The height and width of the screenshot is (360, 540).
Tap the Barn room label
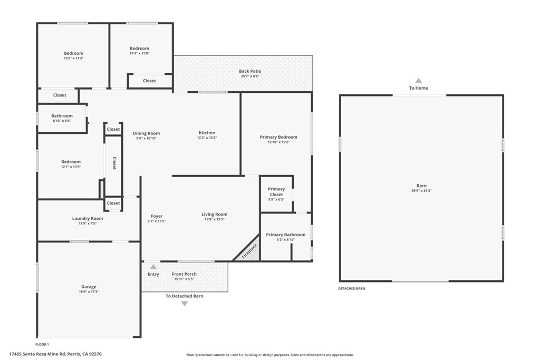pyautogui.click(x=421, y=186)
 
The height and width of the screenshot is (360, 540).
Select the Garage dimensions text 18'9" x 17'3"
pyautogui.click(x=88, y=291)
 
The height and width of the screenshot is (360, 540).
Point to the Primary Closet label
pyautogui.click(x=276, y=192)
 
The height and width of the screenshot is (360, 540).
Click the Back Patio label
pyautogui.click(x=250, y=71)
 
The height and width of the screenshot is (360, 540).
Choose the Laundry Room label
pyautogui.click(x=88, y=218)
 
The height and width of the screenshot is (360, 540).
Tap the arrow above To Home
pyautogui.click(x=418, y=81)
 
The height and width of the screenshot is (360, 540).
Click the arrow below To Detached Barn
pyautogui.click(x=184, y=304)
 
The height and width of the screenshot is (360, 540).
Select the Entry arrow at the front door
pyautogui.click(x=153, y=267)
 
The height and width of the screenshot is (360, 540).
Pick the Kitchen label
pyautogui.click(x=207, y=133)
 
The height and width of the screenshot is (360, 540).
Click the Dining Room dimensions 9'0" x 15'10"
pyautogui.click(x=146, y=138)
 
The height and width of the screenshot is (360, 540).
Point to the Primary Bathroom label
pyautogui.click(x=285, y=235)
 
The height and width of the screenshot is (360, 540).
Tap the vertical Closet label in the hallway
pyautogui.click(x=114, y=163)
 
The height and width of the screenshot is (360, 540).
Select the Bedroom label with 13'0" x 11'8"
pyautogui.click(x=73, y=53)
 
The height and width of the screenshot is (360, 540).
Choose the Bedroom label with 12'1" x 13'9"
pyautogui.click(x=71, y=162)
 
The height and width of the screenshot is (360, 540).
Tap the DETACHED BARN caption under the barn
pyautogui.click(x=351, y=289)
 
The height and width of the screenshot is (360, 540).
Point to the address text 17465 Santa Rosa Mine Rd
pyautogui.click(x=55, y=354)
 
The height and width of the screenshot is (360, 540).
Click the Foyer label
pyautogui.click(x=157, y=216)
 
